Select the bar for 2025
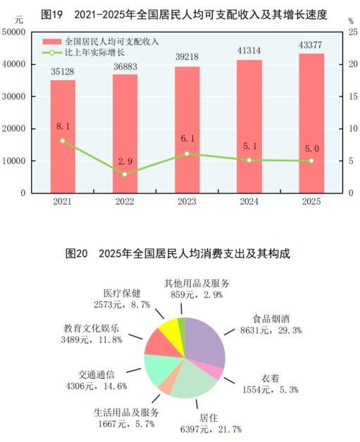pos(311,122)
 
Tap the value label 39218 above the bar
pos(187,58)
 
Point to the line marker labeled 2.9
pos(125,174)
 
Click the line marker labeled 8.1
pos(63,141)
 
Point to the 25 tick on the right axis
pos(349,32)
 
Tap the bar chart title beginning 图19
pos(180,13)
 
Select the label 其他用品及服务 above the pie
pos(197,284)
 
